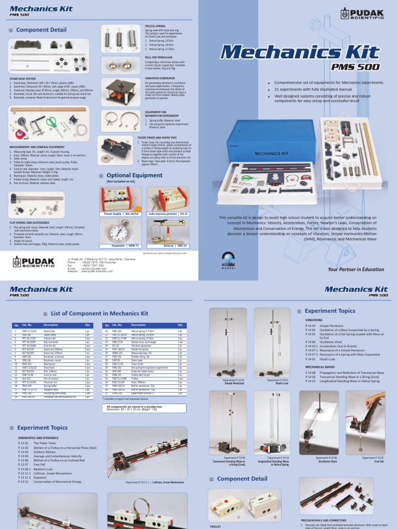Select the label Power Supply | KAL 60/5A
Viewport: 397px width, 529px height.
coord(123,213)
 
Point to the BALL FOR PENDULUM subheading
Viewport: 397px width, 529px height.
coord(157,57)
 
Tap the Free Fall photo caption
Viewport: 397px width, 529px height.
coord(372,459)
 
